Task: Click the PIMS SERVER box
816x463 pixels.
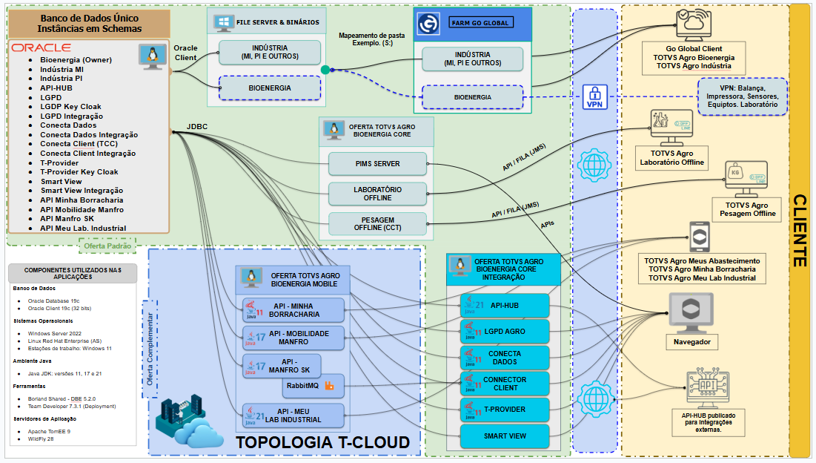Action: [377, 164]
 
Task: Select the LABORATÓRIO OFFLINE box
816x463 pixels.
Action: [377, 193]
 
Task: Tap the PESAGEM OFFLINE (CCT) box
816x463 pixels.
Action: [377, 223]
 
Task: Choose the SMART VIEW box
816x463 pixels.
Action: [505, 436]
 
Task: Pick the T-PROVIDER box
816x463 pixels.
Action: [505, 410]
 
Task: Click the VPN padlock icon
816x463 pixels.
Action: [594, 95]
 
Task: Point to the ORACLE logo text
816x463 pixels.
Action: [41, 47]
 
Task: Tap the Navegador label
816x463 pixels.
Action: [691, 342]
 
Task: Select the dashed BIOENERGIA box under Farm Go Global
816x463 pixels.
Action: [472, 97]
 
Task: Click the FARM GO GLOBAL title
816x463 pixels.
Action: [480, 23]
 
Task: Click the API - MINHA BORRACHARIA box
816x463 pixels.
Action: [294, 309]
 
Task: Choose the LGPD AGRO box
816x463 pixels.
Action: [505, 332]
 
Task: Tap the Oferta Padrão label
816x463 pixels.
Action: [108, 246]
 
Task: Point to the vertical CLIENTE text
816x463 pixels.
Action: [799, 230]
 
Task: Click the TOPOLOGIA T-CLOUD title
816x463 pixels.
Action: [322, 443]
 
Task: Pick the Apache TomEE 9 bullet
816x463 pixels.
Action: [49, 431]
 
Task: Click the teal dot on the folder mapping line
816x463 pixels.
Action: [325, 70]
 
